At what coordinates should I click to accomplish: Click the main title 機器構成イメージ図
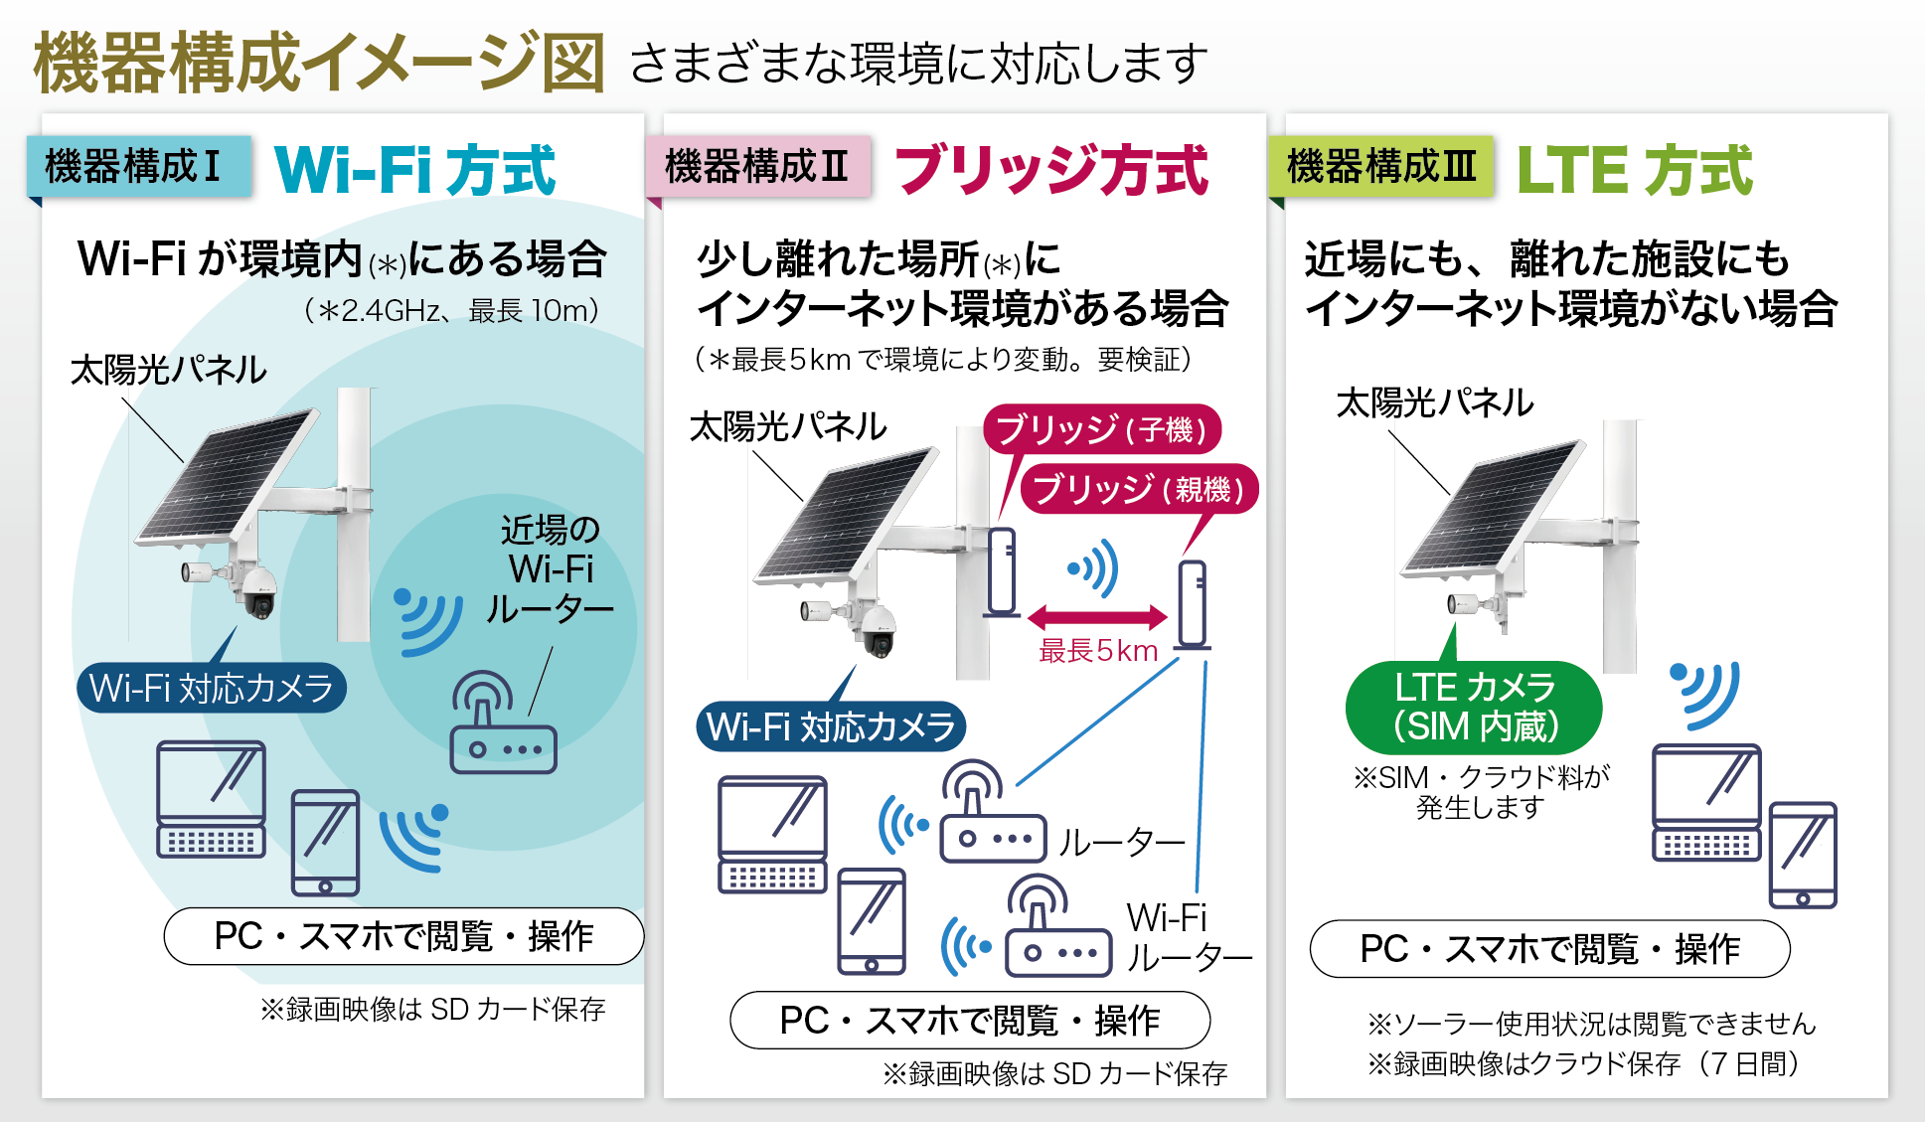[318, 63]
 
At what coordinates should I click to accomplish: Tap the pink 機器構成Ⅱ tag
[758, 166]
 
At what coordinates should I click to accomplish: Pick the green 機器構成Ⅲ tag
[1380, 166]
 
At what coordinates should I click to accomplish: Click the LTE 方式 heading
[1635, 170]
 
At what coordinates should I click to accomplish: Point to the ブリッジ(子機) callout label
[1101, 429]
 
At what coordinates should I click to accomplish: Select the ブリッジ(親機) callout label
[1139, 489]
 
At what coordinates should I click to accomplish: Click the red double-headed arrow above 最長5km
[1097, 617]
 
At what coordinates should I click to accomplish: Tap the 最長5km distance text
[1098, 651]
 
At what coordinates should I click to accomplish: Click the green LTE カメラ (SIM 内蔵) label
[1474, 707]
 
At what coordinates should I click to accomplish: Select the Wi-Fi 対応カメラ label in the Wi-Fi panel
[211, 688]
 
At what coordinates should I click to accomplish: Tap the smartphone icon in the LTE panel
[1802, 856]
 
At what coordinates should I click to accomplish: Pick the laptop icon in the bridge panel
[772, 835]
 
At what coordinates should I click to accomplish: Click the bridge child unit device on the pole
[1002, 571]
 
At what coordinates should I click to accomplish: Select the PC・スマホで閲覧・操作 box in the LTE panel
[1549, 949]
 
